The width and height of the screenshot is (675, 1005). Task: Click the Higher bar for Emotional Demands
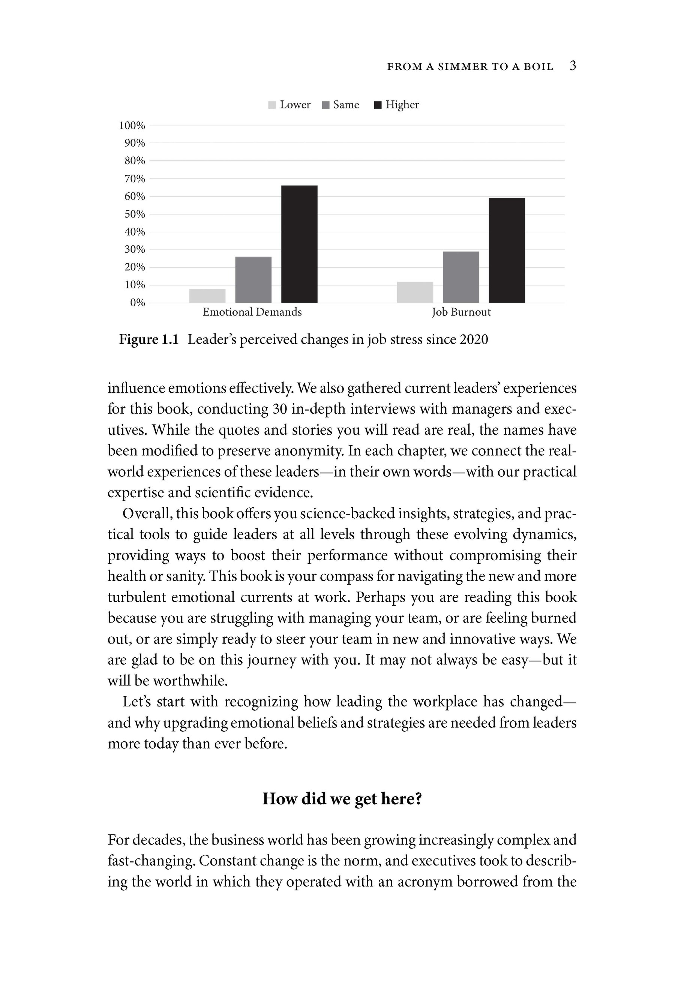(299, 244)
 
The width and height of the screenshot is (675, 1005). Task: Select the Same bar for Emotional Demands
(253, 280)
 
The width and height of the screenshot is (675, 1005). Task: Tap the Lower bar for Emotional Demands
(207, 296)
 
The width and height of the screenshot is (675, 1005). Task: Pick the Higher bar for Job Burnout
(507, 250)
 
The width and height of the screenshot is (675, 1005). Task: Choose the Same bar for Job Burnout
(460, 277)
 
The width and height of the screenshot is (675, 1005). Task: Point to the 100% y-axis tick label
(132, 126)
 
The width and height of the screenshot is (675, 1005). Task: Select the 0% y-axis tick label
(137, 303)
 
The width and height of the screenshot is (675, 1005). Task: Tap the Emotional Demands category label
(252, 312)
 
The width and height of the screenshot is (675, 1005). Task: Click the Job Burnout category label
(461, 312)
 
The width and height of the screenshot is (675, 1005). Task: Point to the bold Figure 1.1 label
(148, 340)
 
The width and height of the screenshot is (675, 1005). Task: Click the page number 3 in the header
(573, 66)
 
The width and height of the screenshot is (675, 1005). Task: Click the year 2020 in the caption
(474, 340)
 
